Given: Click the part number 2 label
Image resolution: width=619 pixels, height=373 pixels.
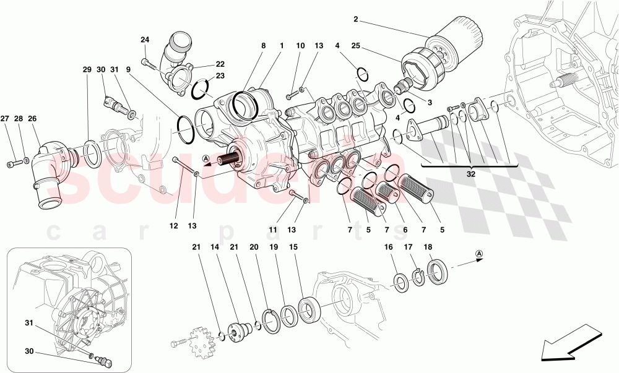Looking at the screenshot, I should [x=356, y=19].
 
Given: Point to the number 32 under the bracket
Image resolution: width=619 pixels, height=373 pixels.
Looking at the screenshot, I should [x=472, y=175].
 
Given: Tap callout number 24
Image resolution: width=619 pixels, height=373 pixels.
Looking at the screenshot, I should [x=145, y=40].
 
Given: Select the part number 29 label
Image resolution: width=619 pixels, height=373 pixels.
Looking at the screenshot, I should [x=87, y=70].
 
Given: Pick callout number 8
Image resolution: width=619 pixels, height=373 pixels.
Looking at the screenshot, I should [x=263, y=46].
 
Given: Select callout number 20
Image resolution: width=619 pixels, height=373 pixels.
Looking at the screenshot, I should [x=254, y=247].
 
